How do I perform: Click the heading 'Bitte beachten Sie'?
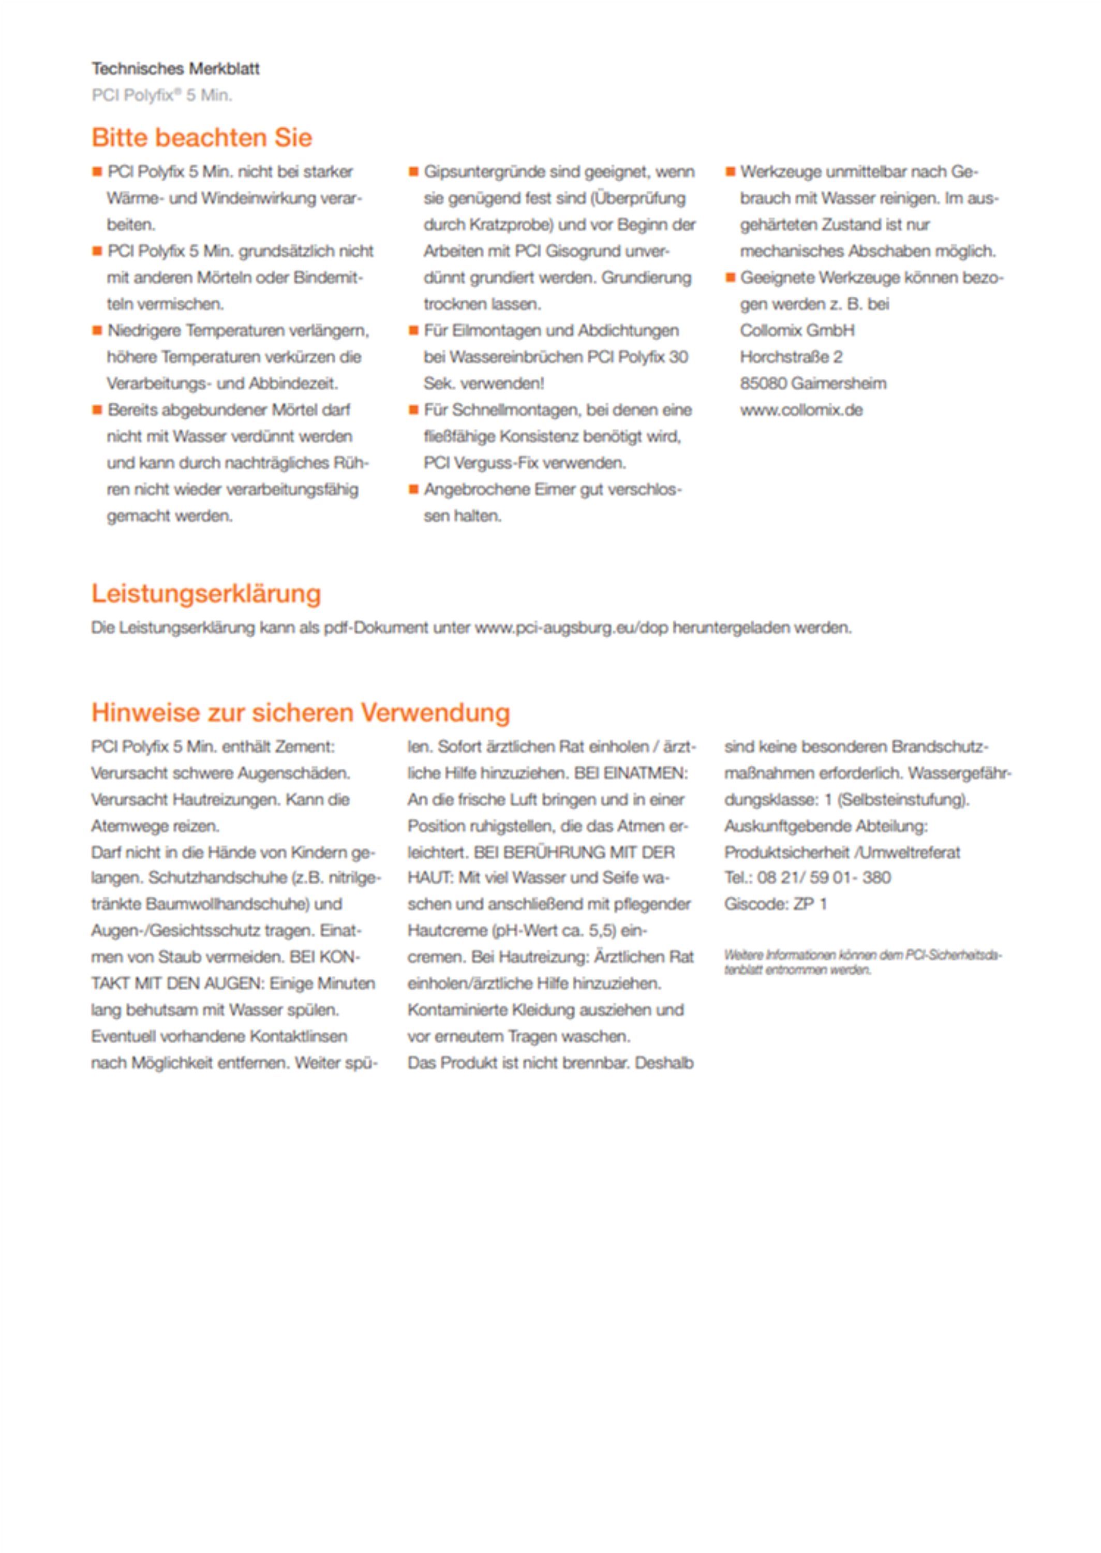pyautogui.click(x=201, y=138)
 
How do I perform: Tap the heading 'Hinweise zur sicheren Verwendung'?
pyautogui.click(x=300, y=713)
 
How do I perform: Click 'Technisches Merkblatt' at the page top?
pyautogui.click(x=175, y=68)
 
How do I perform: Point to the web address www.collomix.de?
pyautogui.click(x=801, y=411)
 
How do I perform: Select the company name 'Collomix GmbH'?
pyautogui.click(x=797, y=331)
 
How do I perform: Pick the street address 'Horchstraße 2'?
pyautogui.click(x=791, y=357)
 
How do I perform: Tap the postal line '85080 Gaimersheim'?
pyautogui.click(x=812, y=384)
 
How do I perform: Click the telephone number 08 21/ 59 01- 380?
pyautogui.click(x=823, y=877)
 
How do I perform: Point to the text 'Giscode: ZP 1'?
pyautogui.click(x=775, y=904)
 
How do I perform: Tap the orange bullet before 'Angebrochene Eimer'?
pyautogui.click(x=413, y=489)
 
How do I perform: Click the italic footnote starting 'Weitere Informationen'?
pyautogui.click(x=861, y=962)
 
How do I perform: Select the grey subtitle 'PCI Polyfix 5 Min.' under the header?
pyautogui.click(x=161, y=96)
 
